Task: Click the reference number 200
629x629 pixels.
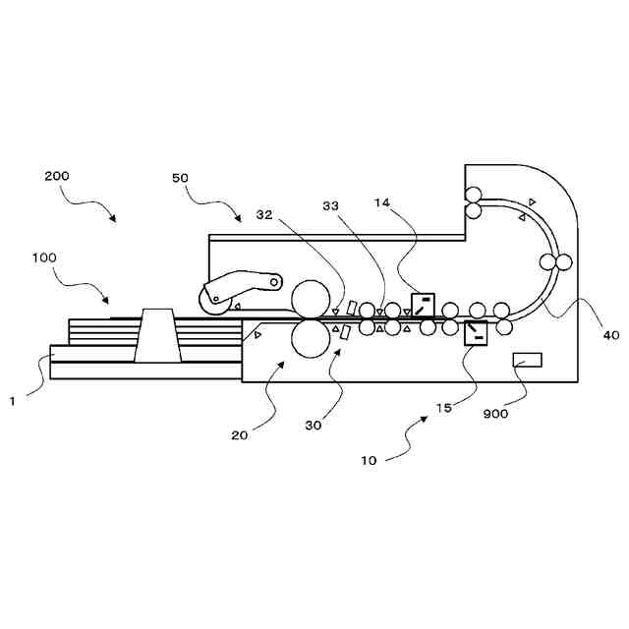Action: (x=57, y=176)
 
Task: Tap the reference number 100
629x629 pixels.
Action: (x=72, y=257)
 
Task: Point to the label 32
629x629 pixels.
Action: (x=265, y=213)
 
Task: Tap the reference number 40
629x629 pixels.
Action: (x=610, y=335)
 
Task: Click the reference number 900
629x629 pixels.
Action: (x=495, y=414)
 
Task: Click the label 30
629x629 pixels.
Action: (x=314, y=426)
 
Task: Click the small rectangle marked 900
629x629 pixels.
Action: (x=527, y=360)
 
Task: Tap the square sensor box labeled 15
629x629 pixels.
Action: (x=476, y=333)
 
